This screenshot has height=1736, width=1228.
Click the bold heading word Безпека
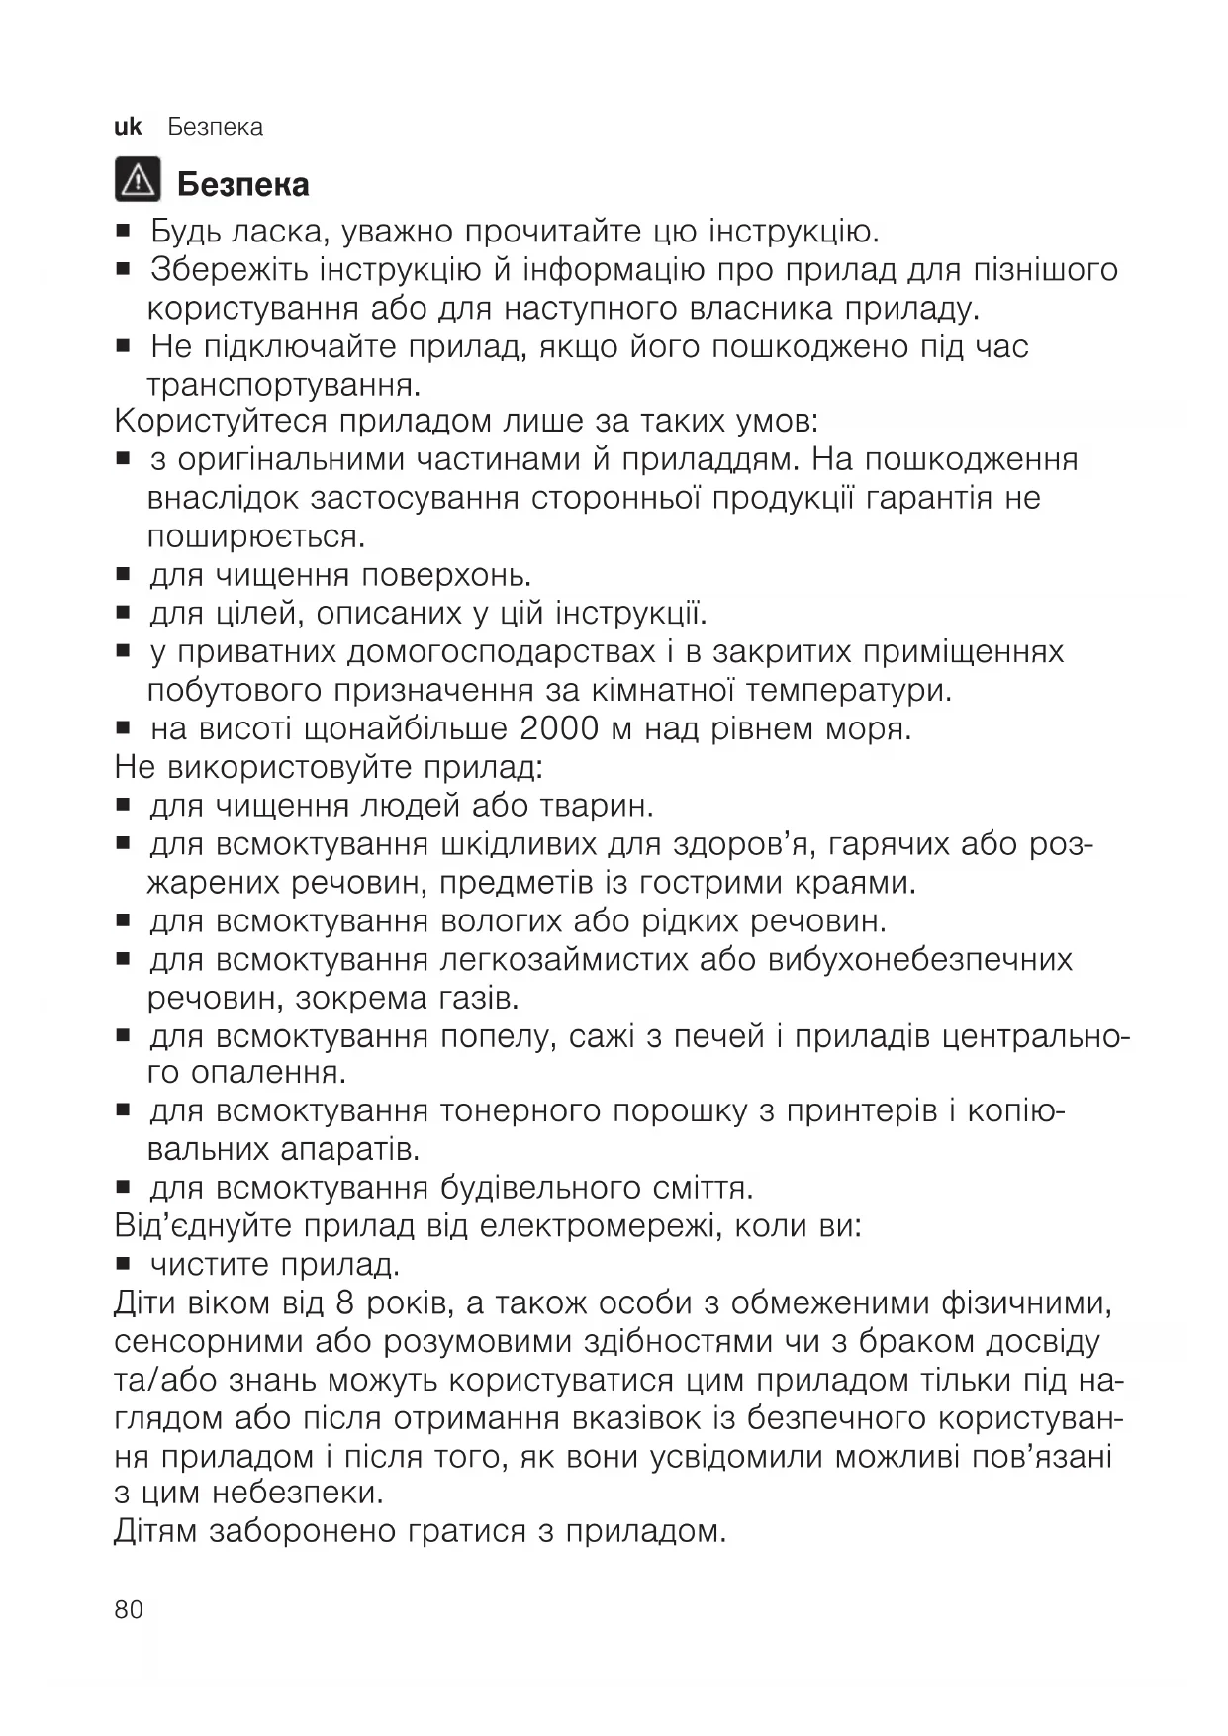tap(242, 185)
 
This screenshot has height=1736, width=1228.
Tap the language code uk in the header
tap(128, 127)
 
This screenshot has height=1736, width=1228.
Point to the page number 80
tap(129, 1609)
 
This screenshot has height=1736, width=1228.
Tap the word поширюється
tap(255, 536)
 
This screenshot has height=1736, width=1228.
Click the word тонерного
tap(520, 1111)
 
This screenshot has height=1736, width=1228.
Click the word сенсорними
tap(199, 1342)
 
